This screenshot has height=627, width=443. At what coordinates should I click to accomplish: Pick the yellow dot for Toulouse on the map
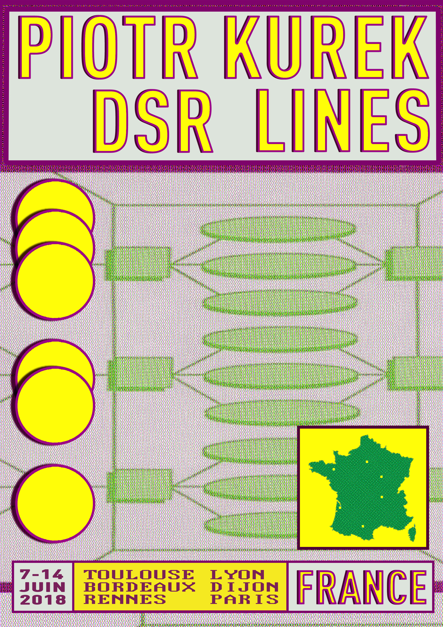363,526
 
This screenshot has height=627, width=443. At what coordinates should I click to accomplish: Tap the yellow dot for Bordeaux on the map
340,507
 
